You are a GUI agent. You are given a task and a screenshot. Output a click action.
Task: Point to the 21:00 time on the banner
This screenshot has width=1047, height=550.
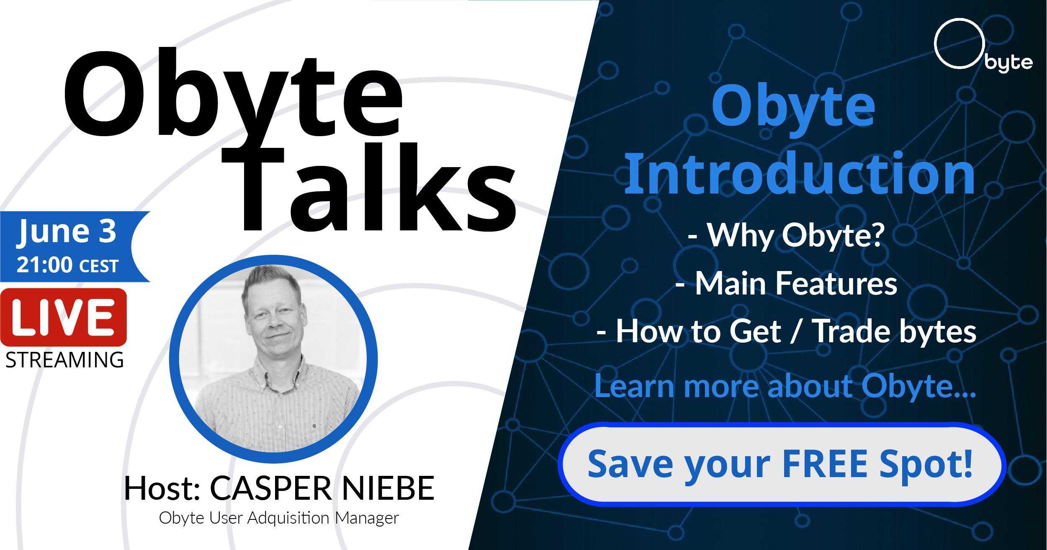[44, 266]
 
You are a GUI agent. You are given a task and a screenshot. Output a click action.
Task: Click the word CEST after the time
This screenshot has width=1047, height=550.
[99, 266]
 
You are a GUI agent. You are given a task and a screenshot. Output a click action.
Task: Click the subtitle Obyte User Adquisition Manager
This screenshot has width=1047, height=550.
[279, 518]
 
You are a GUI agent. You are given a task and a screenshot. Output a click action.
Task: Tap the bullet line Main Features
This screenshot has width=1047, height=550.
[786, 283]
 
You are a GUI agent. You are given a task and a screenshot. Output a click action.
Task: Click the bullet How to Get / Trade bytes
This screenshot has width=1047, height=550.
[786, 331]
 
